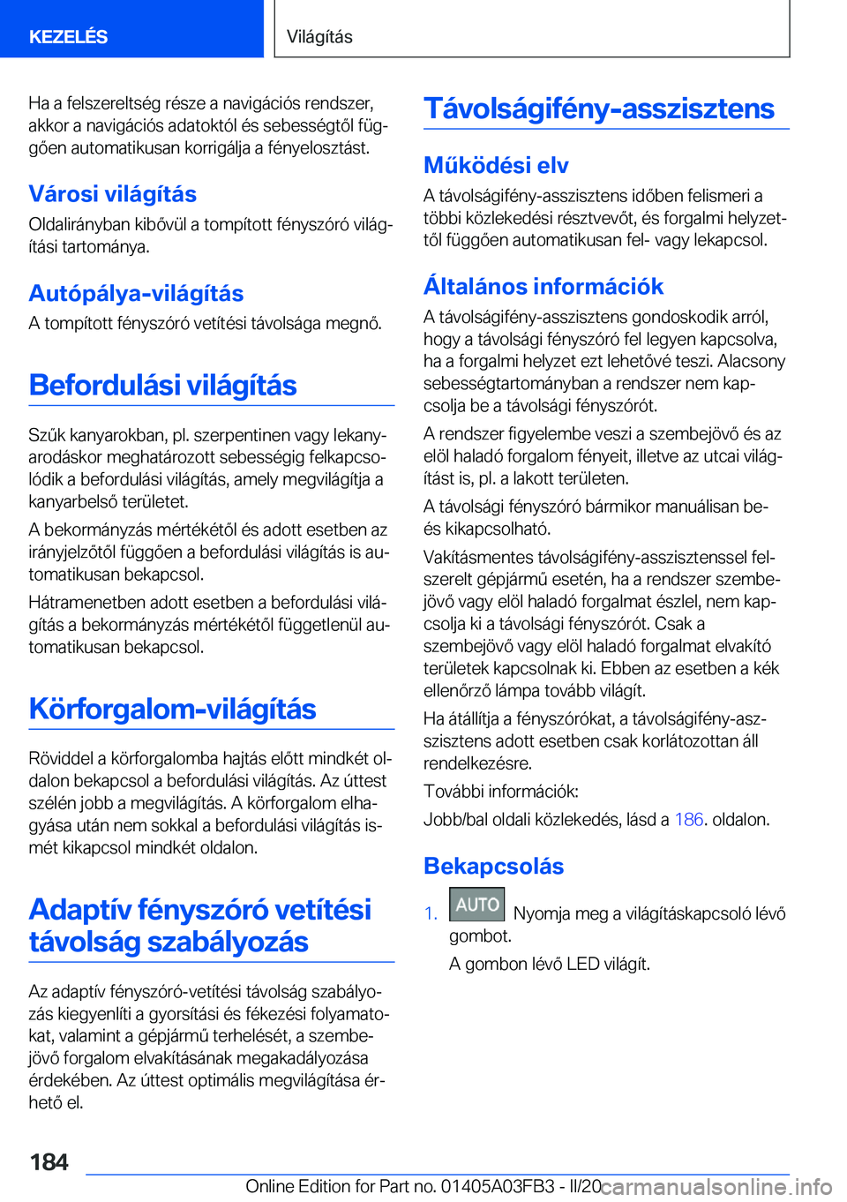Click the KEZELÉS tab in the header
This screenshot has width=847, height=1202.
tap(68, 37)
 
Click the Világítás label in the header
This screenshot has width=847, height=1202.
tap(319, 37)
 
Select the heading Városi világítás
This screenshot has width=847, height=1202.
tap(112, 194)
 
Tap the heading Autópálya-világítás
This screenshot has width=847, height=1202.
tap(136, 294)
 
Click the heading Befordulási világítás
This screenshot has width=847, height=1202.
tap(162, 386)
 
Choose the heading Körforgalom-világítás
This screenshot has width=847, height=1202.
tap(172, 710)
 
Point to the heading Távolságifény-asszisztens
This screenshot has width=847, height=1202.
tap(598, 109)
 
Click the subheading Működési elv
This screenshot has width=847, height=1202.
tap(496, 166)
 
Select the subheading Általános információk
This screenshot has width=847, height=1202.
tap(543, 287)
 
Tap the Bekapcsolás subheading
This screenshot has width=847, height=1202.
tap(493, 867)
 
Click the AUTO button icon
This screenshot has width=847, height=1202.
tap(476, 905)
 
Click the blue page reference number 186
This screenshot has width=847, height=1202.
tap(688, 820)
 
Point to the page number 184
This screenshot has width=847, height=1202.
tap(49, 1162)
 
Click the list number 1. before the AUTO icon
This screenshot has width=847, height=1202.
tap(431, 914)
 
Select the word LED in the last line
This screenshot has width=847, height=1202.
tap(583, 965)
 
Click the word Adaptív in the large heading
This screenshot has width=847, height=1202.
tap(79, 910)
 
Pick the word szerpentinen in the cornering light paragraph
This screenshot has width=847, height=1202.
tap(242, 435)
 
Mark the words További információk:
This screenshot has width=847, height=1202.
tap(501, 792)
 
